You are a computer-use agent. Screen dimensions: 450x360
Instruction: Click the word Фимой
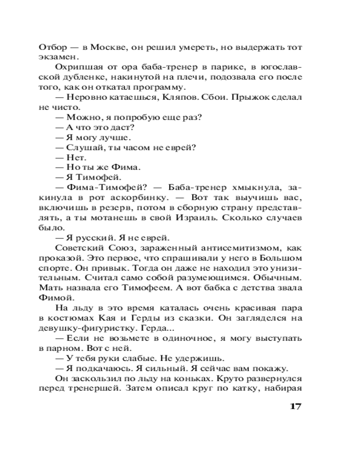click(x=53, y=298)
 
